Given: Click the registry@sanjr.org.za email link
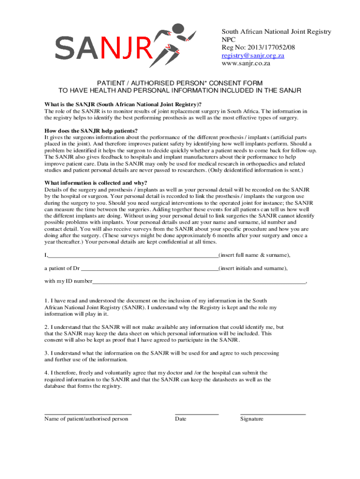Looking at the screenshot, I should click(253, 55).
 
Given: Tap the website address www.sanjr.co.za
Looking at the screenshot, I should click(246, 63).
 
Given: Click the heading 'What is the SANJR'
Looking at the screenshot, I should click(123, 104).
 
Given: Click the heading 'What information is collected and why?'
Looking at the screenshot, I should click(96, 182).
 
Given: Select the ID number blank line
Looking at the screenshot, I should click(199, 283).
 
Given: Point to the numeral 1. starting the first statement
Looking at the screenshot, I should click(47, 300).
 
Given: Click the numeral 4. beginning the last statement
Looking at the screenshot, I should click(47, 373).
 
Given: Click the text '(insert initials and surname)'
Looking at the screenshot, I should click(253, 269).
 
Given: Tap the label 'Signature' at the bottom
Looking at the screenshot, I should click(252, 419).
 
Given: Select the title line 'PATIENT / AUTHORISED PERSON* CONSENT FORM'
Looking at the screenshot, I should click(180, 82).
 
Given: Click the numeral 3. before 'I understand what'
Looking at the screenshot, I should click(47, 353).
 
